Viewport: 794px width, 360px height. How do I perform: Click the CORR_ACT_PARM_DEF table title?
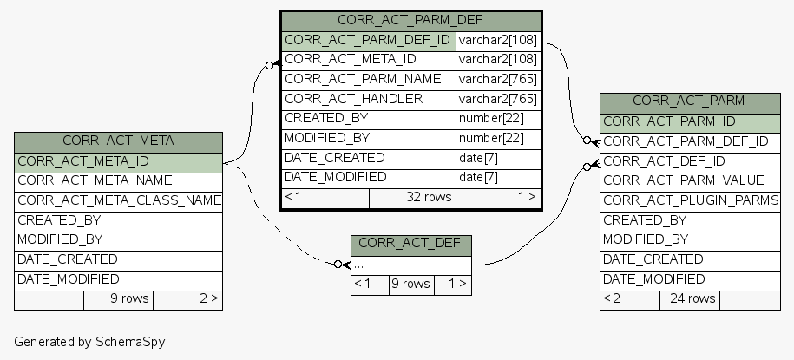click(x=410, y=19)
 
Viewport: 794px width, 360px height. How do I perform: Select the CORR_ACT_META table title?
click(x=118, y=140)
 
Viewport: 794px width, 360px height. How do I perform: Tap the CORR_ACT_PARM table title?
click(x=688, y=101)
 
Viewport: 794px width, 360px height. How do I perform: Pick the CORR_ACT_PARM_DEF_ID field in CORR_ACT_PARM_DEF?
click(x=367, y=39)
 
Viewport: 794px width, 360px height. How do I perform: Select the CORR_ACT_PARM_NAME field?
click(x=363, y=79)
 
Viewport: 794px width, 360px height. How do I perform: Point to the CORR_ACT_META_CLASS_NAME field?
click(x=120, y=200)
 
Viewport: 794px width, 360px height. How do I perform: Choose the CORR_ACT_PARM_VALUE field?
click(x=683, y=180)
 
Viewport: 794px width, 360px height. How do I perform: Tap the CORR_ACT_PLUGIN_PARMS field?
click(x=691, y=200)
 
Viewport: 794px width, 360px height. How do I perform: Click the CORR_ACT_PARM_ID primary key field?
click(x=669, y=121)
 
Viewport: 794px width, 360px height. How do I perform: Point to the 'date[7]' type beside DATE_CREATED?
click(x=478, y=158)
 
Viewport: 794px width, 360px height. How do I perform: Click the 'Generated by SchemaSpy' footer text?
click(x=89, y=342)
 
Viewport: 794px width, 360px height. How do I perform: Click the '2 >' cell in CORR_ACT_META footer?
click(x=208, y=298)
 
